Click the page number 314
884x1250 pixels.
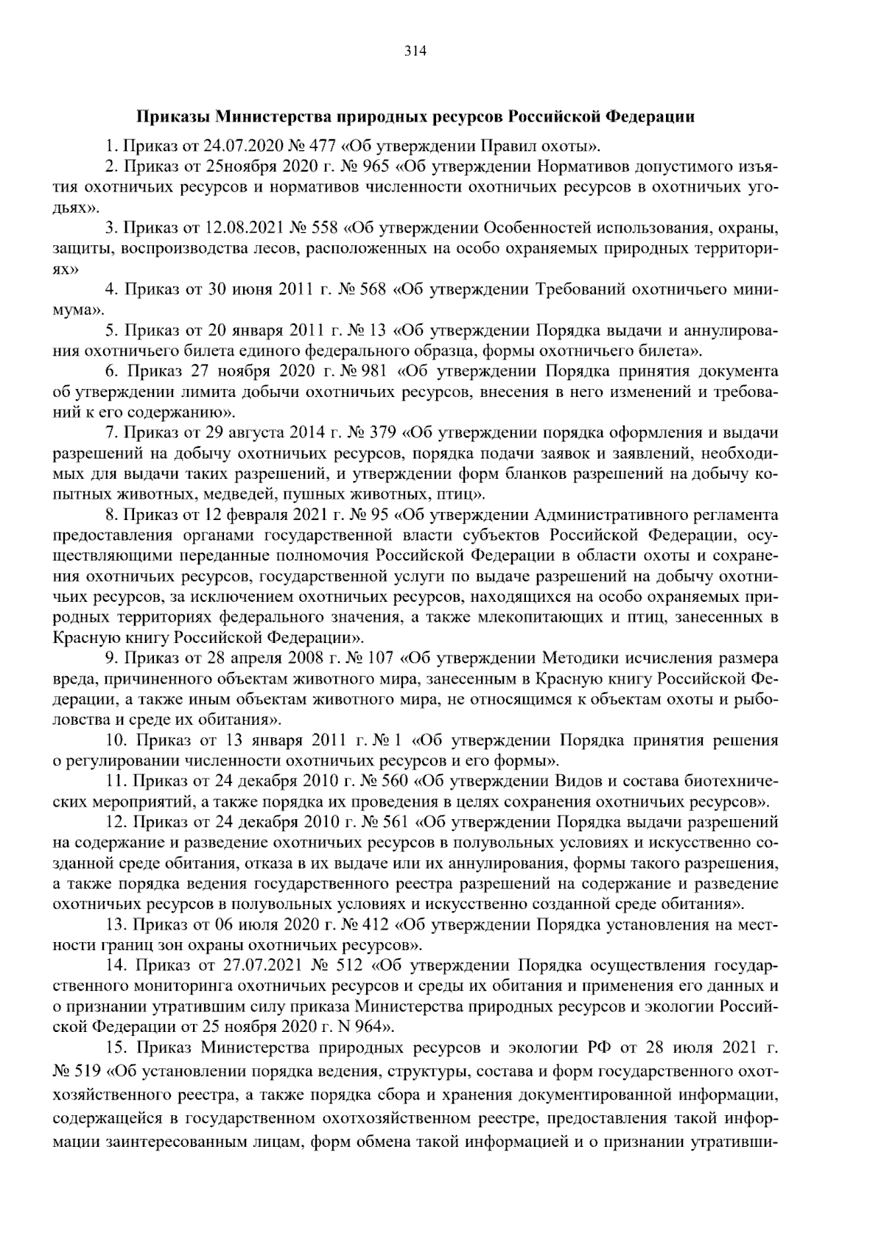tap(415, 51)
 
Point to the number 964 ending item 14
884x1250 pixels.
tap(361, 1026)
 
